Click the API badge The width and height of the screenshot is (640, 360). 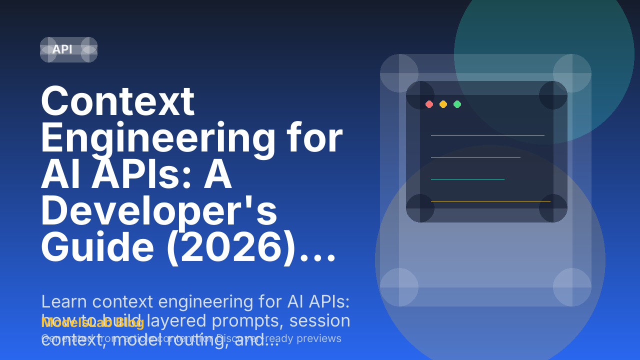pos(62,49)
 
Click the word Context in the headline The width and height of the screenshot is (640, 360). pos(117,101)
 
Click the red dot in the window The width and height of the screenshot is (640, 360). pos(429,104)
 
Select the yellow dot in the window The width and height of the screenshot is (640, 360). pos(443,104)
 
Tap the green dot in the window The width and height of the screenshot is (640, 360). pos(457,104)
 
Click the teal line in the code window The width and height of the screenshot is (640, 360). pos(467,179)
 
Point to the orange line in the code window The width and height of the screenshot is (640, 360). pos(490,201)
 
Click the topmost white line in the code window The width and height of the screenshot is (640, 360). pos(487,135)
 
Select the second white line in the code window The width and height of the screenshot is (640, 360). pos(475,157)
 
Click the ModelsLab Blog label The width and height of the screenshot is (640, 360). pos(93,322)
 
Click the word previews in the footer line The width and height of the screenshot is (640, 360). pos(319,338)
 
